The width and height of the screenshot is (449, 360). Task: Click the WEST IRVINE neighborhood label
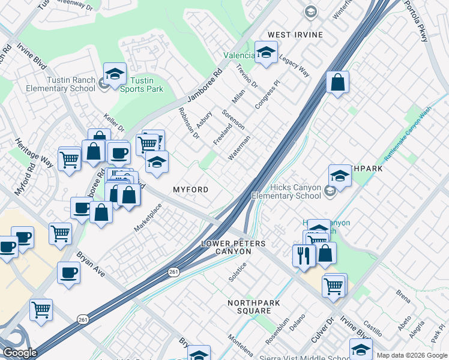pyautogui.click(x=295, y=35)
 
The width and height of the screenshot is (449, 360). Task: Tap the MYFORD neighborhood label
pyautogui.click(x=191, y=190)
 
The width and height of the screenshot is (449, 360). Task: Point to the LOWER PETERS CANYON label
pyautogui.click(x=234, y=248)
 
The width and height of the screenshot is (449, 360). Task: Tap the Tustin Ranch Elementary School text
pyautogui.click(x=60, y=85)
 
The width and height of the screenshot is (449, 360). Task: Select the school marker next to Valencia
pyautogui.click(x=266, y=52)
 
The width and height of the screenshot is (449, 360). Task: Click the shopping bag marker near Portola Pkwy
pyautogui.click(x=338, y=82)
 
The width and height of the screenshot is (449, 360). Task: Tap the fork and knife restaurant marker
pyautogui.click(x=304, y=255)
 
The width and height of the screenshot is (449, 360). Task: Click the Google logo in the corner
pyautogui.click(x=20, y=353)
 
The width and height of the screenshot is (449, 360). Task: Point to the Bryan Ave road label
pyautogui.click(x=90, y=265)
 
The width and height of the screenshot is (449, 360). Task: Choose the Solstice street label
pyautogui.click(x=238, y=272)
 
